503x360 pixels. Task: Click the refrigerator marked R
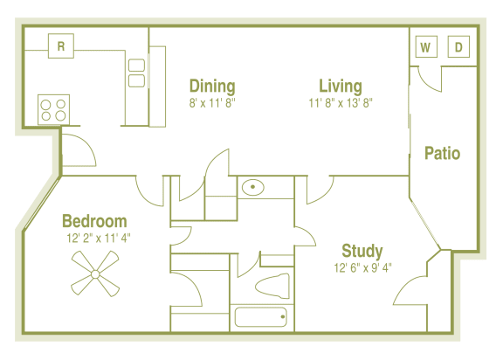(60, 45)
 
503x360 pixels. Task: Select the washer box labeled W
(425, 47)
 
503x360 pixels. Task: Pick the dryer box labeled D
(458, 47)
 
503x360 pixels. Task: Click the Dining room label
(212, 86)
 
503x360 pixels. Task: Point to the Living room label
(341, 86)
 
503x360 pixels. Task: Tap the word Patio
(442, 154)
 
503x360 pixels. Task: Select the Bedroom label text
(94, 221)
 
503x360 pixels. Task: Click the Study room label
(362, 251)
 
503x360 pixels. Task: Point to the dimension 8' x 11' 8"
(212, 102)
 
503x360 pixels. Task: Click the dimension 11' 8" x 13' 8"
(341, 102)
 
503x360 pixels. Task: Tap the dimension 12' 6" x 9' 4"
(362, 267)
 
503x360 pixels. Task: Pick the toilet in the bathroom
(270, 286)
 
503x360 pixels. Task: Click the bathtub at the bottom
(260, 317)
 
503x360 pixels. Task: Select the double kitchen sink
(136, 73)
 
